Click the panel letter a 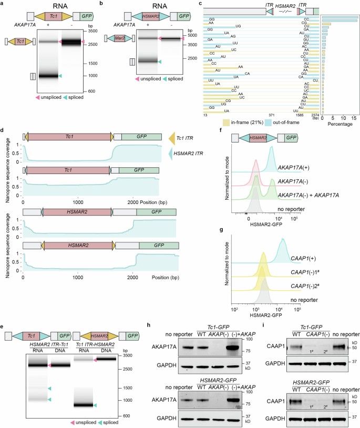click(4, 4)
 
